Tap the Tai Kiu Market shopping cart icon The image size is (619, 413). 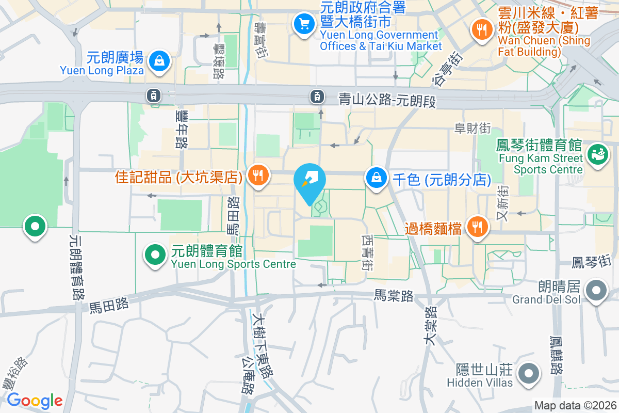pyautogui.click(x=304, y=24)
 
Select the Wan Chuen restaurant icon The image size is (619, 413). pyautogui.click(x=482, y=29)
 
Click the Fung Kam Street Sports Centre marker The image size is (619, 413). pyautogui.click(x=597, y=155)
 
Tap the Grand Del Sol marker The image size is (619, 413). pyautogui.click(x=597, y=290)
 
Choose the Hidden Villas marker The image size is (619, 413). pyautogui.click(x=529, y=373)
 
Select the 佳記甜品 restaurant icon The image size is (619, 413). pyautogui.click(x=257, y=176)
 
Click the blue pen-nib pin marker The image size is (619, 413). pyautogui.click(x=309, y=181)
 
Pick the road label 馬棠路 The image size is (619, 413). pyautogui.click(x=394, y=296)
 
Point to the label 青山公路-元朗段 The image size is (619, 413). pyautogui.click(x=387, y=100)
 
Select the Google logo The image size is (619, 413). pyautogui.click(x=35, y=400)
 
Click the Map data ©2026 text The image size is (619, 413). pyautogui.click(x=575, y=406)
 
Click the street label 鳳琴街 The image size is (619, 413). pyautogui.click(x=595, y=263)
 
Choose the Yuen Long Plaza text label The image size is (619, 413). pyautogui.click(x=102, y=70)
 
